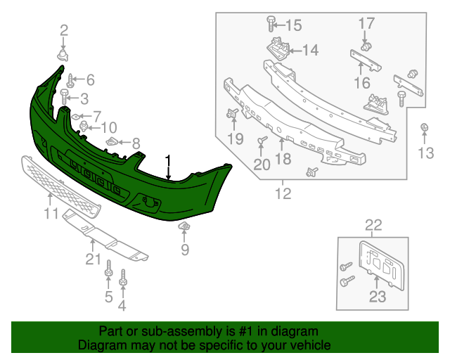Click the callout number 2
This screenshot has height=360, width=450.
coord(64,30)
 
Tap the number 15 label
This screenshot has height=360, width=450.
coord(292,26)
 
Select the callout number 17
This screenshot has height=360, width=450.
coord(367,24)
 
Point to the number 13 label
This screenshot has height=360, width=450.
coord(426,153)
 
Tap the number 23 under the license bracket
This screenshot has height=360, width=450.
coord(378,297)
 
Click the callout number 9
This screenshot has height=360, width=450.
coord(185,249)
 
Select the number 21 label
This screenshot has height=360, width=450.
coord(94,259)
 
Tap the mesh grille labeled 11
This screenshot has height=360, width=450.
coord(60,184)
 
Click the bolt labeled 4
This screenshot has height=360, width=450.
coord(124,278)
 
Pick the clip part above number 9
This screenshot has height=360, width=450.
coord(186,226)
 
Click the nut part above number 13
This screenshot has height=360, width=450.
coord(425,127)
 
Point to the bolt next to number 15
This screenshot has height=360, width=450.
coord(271,25)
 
